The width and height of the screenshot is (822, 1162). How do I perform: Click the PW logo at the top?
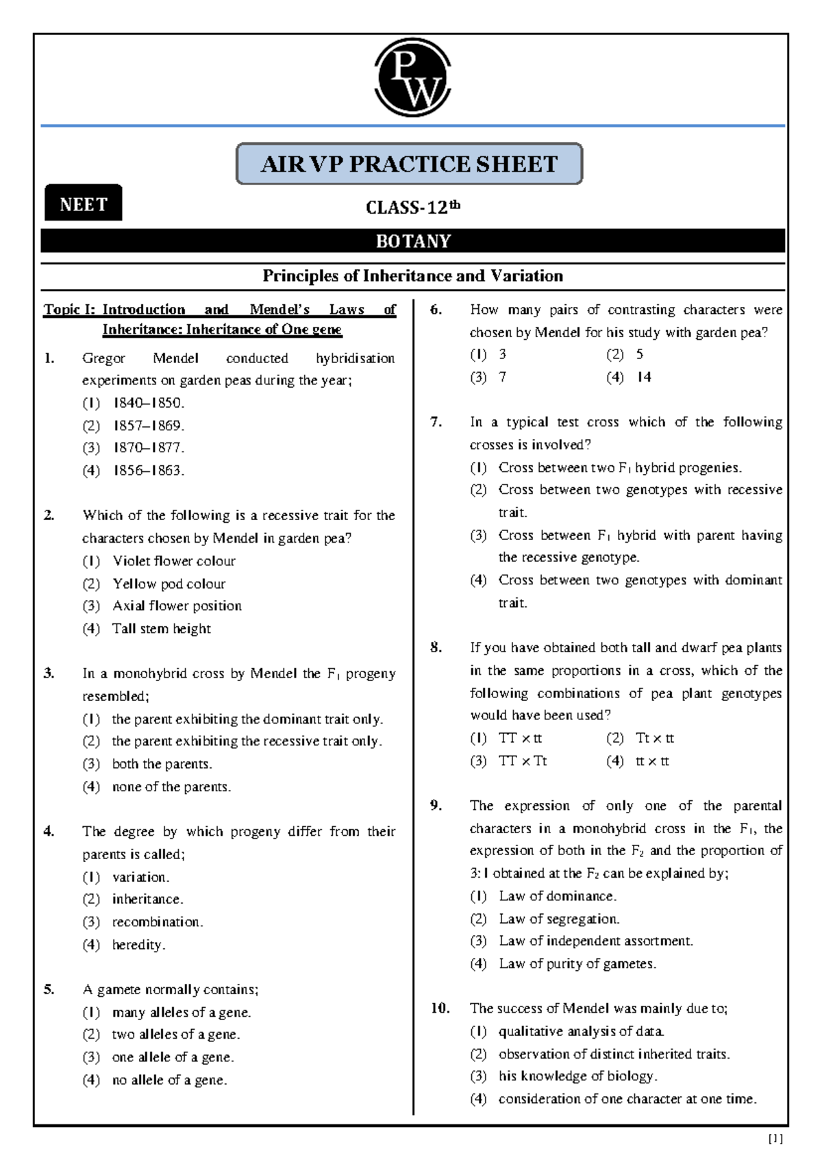tap(412, 78)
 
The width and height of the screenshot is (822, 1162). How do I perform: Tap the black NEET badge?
tap(83, 203)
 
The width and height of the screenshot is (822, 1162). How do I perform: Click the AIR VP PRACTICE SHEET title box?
tap(409, 164)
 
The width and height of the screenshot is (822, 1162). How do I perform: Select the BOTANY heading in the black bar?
tap(412, 241)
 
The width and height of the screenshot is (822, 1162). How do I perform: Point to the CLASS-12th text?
tap(412, 207)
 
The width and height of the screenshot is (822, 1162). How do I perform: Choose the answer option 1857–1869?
tap(149, 425)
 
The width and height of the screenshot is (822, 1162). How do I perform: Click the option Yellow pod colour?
tap(169, 584)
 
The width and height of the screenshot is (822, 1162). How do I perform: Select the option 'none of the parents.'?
tap(171, 787)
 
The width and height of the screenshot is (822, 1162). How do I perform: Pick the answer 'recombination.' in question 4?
tap(158, 922)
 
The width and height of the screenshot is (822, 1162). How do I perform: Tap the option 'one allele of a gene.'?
tap(173, 1057)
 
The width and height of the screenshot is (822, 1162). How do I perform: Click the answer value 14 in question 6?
tap(643, 377)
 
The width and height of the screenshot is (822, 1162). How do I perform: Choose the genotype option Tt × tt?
tap(654, 739)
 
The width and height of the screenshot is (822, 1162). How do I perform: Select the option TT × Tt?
tap(522, 761)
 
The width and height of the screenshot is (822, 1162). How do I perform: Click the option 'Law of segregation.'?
tap(559, 919)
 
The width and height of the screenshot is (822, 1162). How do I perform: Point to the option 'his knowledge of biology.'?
tap(577, 1076)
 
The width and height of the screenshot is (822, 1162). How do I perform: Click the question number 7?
tap(436, 422)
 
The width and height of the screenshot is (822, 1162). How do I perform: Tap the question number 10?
tap(440, 1009)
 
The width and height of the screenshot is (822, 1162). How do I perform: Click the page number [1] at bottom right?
tap(775, 1139)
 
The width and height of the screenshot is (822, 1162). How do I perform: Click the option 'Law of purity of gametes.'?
tap(577, 964)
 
